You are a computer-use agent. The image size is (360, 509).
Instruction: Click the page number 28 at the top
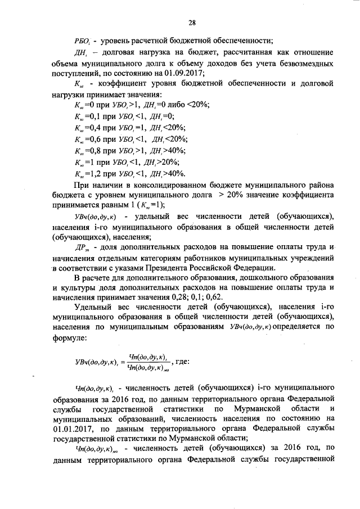coord(191,22)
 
